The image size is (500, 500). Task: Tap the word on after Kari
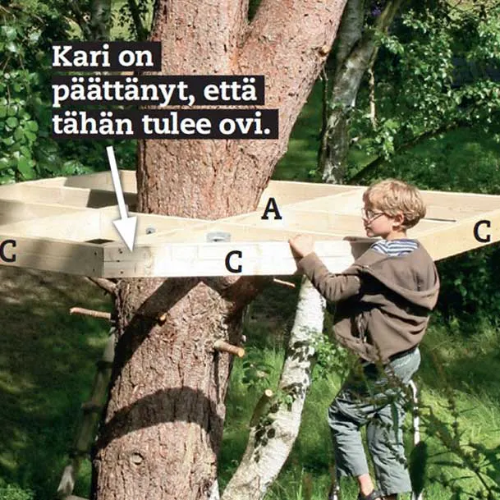135,57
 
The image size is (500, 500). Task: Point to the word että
230,90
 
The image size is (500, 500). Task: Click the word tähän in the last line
93,123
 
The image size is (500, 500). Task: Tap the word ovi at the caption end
245,124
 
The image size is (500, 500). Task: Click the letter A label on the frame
272,209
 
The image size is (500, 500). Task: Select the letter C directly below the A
234,261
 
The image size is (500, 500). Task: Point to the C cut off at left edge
7,251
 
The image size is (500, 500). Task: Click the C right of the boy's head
482,232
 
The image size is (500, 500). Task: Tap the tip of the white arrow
131,251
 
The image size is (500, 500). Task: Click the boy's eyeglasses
373,214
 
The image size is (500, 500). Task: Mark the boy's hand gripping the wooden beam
300,246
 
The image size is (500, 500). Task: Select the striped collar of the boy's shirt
396,247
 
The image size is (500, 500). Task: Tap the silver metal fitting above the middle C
218,236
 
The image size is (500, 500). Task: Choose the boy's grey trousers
373,424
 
